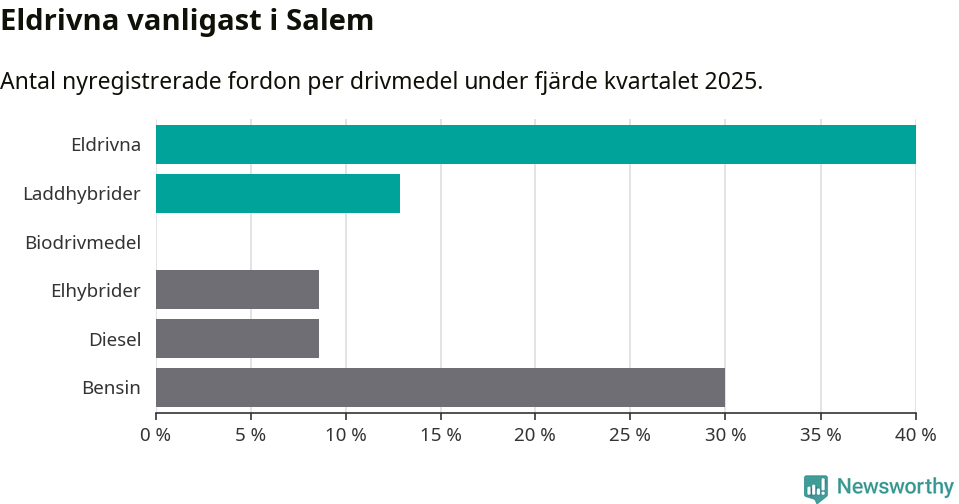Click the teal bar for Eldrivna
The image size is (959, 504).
point(535,144)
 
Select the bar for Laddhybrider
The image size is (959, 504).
point(278,193)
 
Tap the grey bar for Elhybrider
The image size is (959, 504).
point(237,290)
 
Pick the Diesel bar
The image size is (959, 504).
point(237,339)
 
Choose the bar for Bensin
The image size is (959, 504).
point(441,388)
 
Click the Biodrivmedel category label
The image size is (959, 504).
point(83,242)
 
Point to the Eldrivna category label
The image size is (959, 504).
point(106,144)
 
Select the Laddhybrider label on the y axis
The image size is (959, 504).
point(82,193)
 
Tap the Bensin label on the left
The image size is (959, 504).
point(111,388)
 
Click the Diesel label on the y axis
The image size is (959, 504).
point(115,339)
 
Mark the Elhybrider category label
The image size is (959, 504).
point(96,290)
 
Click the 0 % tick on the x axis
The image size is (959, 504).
point(156,435)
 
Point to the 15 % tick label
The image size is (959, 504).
point(441,435)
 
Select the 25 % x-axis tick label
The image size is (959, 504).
point(630,435)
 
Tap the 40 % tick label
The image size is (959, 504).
point(915,435)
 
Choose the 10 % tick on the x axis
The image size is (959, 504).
point(346,435)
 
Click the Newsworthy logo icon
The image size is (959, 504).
point(816,487)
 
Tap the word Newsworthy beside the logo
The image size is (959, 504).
point(895,487)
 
